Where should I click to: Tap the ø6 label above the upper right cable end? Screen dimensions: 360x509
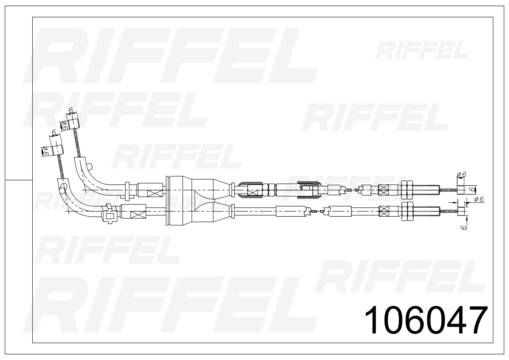462,175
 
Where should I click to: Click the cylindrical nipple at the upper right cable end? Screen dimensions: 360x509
461,190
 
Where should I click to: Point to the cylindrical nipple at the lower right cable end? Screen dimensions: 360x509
462,211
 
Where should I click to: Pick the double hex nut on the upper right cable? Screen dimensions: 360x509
407,190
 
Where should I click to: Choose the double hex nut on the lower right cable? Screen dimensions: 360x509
407,211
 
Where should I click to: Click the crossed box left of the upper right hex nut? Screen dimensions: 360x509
383,190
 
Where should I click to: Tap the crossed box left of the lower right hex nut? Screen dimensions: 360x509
383,211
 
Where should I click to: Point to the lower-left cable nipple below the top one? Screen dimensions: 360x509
57,150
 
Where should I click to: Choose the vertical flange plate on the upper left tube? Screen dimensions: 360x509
127,190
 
